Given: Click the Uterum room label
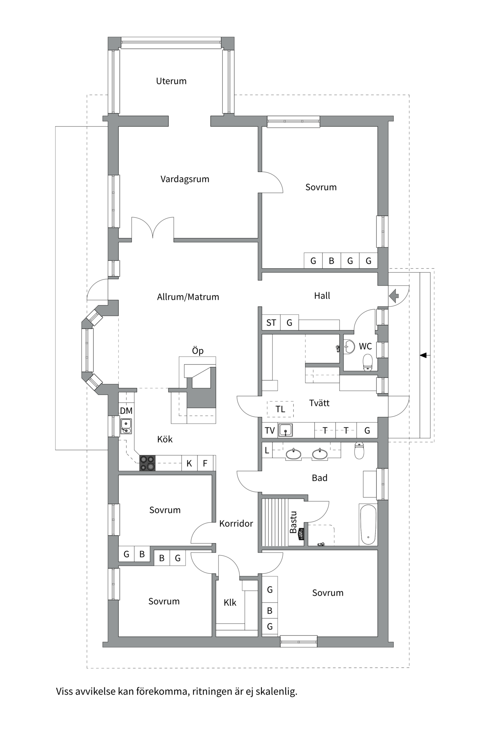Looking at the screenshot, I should [x=171, y=81].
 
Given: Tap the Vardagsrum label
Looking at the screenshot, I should [x=185, y=179].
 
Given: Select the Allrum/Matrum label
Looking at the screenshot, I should [x=188, y=297].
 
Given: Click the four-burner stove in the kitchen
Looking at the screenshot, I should [x=147, y=463].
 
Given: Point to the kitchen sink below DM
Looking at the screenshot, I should [x=126, y=426].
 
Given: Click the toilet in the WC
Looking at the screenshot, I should [x=367, y=362].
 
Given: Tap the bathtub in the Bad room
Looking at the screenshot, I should [x=368, y=525].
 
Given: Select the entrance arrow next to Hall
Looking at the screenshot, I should [x=394, y=296].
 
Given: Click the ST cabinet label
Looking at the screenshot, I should [x=271, y=323].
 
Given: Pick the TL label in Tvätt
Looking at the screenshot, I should [x=280, y=409].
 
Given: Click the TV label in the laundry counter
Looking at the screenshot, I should [x=269, y=430].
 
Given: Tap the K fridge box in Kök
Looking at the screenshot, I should [x=189, y=463].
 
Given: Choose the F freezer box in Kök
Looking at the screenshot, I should [x=205, y=463].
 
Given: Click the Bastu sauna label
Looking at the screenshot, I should [x=293, y=522].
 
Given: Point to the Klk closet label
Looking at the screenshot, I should [x=230, y=602].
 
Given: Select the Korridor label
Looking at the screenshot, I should [x=236, y=523].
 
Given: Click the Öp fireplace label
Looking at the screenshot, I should [x=198, y=351].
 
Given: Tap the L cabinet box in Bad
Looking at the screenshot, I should [x=267, y=450].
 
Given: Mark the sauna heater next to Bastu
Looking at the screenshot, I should [x=301, y=534].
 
